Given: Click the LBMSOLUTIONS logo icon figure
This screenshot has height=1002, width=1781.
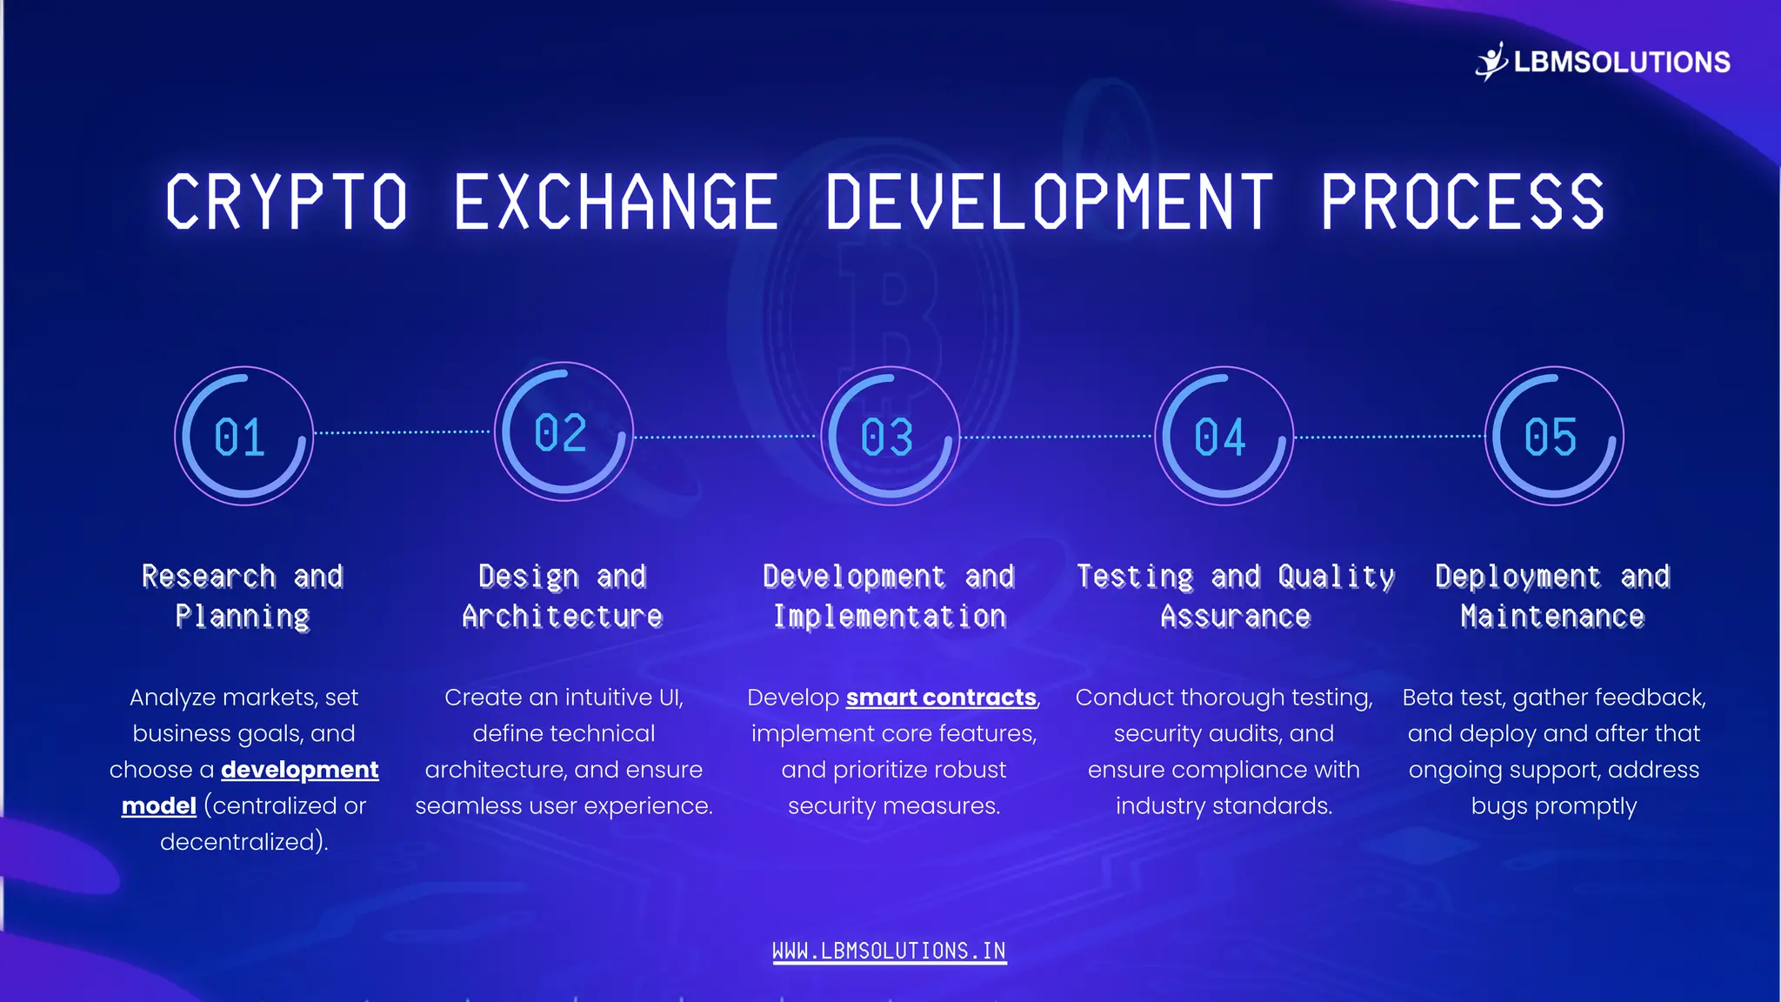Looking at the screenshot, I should [1491, 61].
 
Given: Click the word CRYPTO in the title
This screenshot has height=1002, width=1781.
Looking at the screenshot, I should [286, 202].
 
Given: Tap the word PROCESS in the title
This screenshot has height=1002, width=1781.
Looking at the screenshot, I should [1462, 202].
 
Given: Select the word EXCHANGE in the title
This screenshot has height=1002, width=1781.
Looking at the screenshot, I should [616, 202].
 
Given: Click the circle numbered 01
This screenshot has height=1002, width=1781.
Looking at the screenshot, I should [243, 436].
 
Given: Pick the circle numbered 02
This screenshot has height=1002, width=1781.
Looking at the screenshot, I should [564, 431].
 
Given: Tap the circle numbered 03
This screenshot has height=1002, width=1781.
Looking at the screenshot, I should [890, 436].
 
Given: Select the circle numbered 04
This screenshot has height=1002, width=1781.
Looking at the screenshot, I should [1224, 436].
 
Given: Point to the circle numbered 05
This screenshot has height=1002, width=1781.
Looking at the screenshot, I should [1553, 436].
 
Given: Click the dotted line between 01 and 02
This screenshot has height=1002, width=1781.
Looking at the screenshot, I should [403, 432].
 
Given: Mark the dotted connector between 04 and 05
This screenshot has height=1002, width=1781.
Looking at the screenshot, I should [1389, 437].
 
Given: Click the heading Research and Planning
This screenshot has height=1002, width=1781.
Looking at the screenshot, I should [243, 596].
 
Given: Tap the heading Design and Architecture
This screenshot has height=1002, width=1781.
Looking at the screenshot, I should [563, 596].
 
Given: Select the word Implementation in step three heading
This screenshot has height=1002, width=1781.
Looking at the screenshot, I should [890, 617].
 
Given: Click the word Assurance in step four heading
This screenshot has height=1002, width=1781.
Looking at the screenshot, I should [1235, 617].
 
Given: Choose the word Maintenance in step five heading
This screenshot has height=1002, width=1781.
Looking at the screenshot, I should [1552, 617].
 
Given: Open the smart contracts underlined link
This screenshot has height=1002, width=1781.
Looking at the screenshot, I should [941, 698].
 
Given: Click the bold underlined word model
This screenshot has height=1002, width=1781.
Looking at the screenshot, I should [158, 806].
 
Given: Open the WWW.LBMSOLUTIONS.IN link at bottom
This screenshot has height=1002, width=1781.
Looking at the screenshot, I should [889, 951].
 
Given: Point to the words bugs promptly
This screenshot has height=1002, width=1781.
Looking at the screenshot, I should [1553, 806].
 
